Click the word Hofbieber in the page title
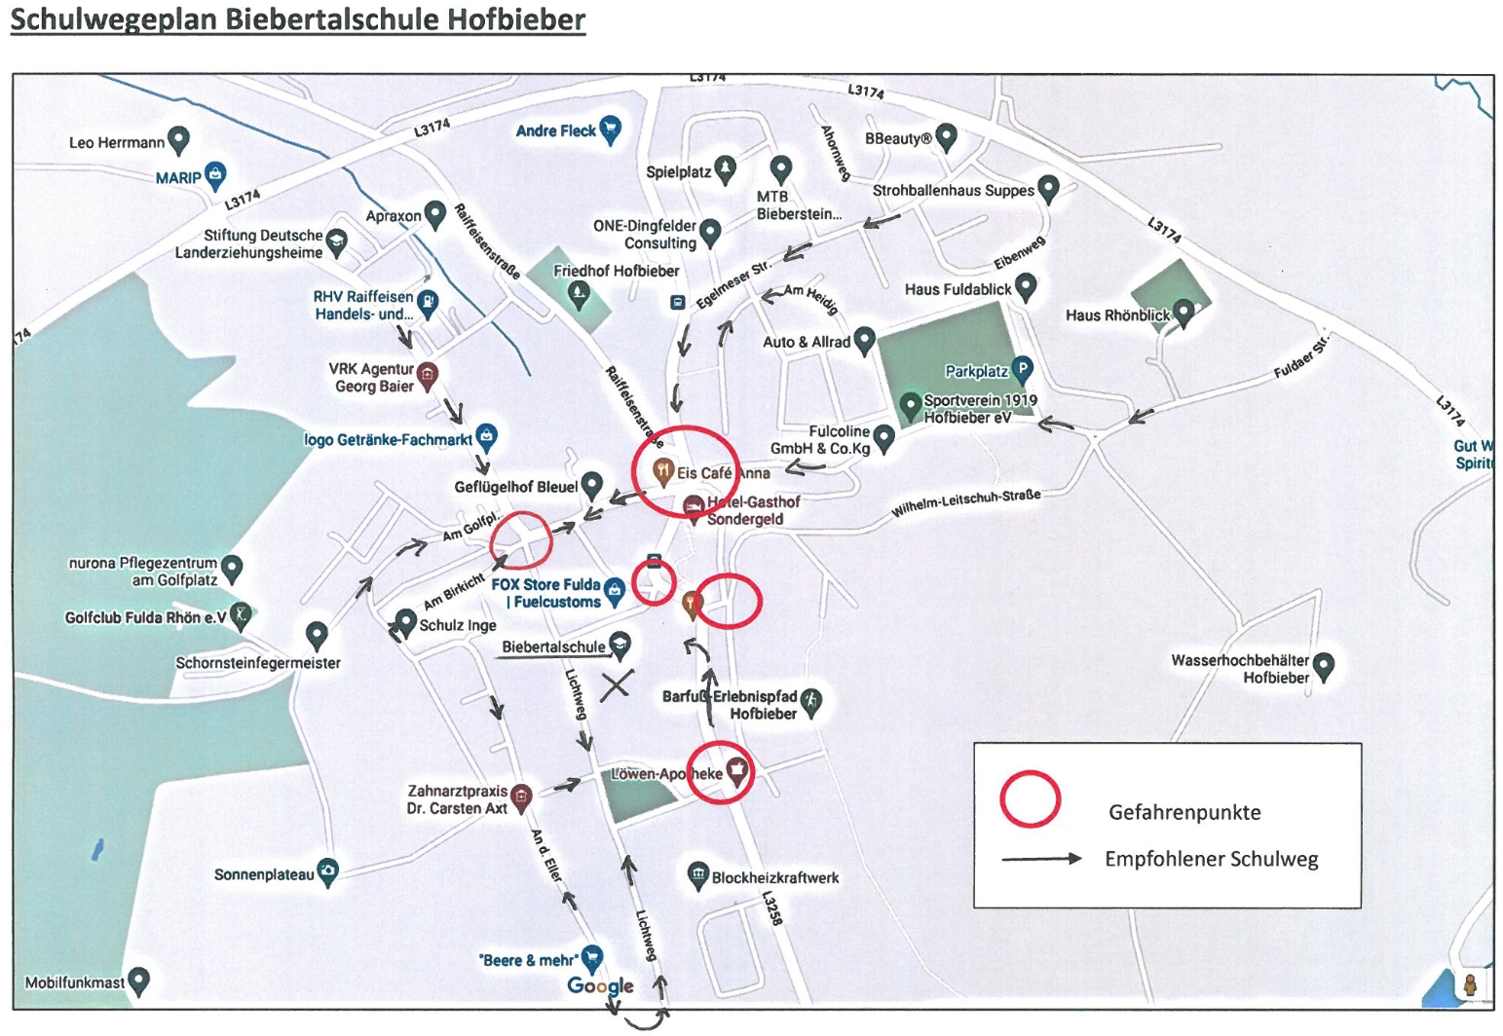tap(516, 18)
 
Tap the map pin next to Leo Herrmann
tap(178, 141)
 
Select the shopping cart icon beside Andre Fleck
tap(610, 130)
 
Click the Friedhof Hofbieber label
tap(616, 271)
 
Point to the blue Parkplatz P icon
tap(1021, 369)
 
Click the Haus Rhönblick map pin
tap(1184, 314)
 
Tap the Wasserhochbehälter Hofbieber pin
tap(1323, 667)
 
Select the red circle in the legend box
tap(1030, 798)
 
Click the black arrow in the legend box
tap(1041, 859)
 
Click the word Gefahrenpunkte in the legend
tap(1184, 812)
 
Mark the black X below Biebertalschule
tap(616, 686)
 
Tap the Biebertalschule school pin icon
tap(620, 646)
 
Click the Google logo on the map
tap(600, 985)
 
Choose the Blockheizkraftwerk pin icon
tap(698, 876)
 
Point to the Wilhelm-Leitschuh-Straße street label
tap(966, 503)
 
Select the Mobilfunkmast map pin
tap(139, 982)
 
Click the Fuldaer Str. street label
tap(1301, 356)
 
